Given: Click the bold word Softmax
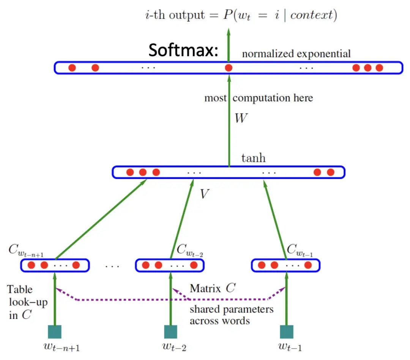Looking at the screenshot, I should (x=183, y=50).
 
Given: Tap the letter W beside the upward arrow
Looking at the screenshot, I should (x=241, y=118).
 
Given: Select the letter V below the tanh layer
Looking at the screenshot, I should (x=205, y=194).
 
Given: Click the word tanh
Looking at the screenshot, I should (x=253, y=158).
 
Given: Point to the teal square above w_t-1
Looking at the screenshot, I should (x=286, y=332).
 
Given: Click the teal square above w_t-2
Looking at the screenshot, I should (x=170, y=332).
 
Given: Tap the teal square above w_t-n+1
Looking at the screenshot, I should (x=55, y=332).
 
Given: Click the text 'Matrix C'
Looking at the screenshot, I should (x=212, y=289).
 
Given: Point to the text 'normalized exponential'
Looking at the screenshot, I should (x=296, y=54).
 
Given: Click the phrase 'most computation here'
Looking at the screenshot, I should (x=259, y=98).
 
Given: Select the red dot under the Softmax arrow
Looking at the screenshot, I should (x=229, y=68).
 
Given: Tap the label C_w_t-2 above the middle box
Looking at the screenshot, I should (x=190, y=251).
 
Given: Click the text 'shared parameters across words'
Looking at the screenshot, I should (x=231, y=315).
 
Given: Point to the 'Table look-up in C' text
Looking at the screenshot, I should (x=25, y=302).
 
